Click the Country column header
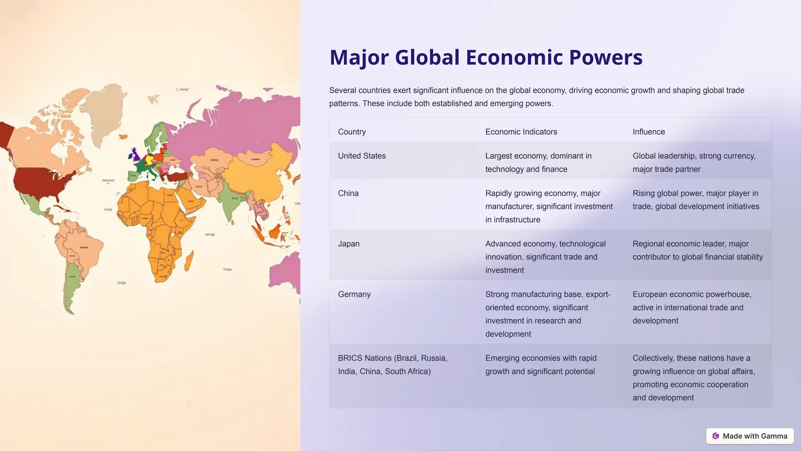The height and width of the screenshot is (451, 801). pos(352,132)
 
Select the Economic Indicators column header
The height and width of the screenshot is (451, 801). pos(521,132)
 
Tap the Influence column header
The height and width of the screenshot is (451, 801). pos(648,132)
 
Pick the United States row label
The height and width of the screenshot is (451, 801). pos(362,156)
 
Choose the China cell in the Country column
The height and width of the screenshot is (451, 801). pos(348,193)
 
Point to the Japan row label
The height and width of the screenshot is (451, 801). pos(348,244)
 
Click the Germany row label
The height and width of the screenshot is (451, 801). pos(354,294)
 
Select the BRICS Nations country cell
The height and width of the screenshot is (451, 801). pos(392,364)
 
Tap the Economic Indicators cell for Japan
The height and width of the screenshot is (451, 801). pos(545,257)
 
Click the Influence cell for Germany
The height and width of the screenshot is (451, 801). pos(691,307)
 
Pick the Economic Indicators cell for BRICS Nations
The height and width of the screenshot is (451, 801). pos(541,364)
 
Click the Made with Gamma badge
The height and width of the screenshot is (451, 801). pos(750,436)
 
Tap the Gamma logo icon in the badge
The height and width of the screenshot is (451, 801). pos(716,436)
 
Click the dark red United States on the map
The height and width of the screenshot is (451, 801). pos(43,182)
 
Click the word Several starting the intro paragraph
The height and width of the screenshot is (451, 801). pos(342,90)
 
